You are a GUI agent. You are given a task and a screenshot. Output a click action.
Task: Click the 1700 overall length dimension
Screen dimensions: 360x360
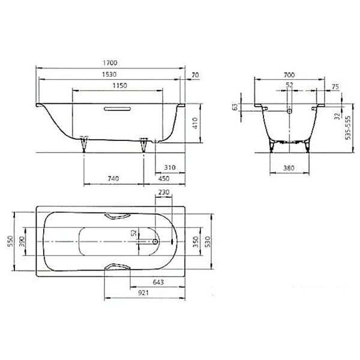click(110, 62)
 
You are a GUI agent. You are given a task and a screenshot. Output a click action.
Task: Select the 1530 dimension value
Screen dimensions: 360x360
click(109, 74)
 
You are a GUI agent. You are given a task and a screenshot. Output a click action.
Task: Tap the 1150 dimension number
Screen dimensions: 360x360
click(120, 86)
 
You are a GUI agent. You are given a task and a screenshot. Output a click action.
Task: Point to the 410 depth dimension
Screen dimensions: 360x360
click(195, 123)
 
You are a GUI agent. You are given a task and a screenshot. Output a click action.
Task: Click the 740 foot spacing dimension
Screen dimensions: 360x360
click(113, 178)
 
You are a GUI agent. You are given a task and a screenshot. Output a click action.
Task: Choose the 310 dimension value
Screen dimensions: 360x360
click(170, 167)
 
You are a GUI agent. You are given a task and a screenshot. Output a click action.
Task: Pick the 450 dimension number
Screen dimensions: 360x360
click(164, 178)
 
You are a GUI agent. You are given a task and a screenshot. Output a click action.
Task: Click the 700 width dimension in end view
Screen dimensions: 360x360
click(289, 75)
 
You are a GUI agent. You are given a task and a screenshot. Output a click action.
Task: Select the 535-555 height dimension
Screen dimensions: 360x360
click(348, 127)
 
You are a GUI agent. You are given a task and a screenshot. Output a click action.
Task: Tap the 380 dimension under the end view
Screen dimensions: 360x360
click(289, 168)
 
